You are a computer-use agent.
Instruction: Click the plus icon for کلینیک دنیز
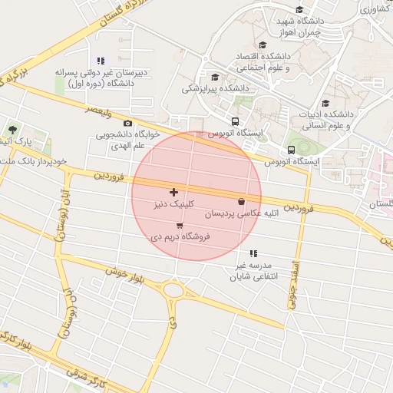173,191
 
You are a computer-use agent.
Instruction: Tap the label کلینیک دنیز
173,204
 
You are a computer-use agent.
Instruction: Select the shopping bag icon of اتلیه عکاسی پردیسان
243,202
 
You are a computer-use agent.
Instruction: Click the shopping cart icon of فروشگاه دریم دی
180,226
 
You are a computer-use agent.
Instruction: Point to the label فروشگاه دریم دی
180,238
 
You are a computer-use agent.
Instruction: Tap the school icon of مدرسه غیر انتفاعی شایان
253,253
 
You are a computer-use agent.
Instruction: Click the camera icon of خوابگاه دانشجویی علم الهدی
127,123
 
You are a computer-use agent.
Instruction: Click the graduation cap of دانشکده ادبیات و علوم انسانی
325,104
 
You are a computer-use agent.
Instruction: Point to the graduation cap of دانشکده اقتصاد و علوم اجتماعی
263,45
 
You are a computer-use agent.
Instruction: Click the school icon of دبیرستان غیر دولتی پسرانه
100,60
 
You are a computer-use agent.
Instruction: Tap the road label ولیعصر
99,113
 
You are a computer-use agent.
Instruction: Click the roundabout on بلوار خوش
173,291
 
